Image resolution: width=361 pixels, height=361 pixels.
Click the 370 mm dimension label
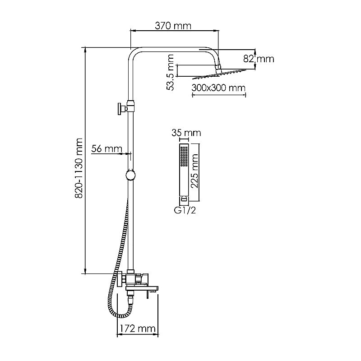[173, 26]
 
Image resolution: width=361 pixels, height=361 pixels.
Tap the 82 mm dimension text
[259, 59]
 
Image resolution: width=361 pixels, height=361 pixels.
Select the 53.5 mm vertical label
[170, 72]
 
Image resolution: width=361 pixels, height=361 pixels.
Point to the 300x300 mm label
[218, 88]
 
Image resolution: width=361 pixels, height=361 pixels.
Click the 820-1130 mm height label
[79, 168]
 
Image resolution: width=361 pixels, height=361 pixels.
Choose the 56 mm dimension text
[106, 149]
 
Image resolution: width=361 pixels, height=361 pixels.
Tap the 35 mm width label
[186, 133]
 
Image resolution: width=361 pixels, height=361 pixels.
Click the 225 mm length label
[194, 171]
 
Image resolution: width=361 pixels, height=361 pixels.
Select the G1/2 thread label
[185, 210]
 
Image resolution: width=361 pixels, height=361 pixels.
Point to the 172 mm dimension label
[138, 329]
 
